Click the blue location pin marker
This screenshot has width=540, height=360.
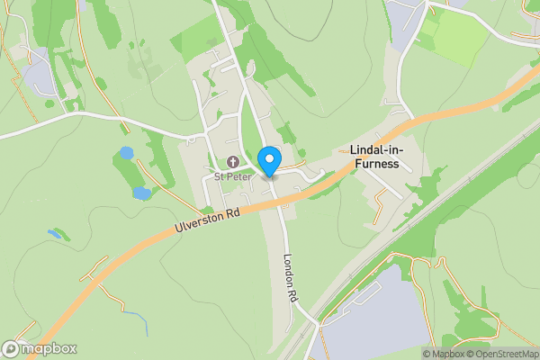pos(268,161)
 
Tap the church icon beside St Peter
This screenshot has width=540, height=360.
pos(232,162)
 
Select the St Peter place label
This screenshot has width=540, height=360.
pos(232,176)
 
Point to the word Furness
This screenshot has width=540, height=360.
pos(378,165)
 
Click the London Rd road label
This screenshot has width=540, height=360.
pos(290,275)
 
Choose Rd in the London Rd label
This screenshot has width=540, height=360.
pos(292,293)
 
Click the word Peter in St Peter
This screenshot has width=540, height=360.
pos(238,176)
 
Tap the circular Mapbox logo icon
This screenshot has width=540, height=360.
pos(11,349)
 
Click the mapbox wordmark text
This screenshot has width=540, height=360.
pos(49,349)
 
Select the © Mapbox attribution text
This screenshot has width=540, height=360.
pos(445,354)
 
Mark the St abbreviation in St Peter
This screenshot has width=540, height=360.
pos(219,176)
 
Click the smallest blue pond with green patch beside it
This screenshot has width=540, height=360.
pos(56,234)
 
